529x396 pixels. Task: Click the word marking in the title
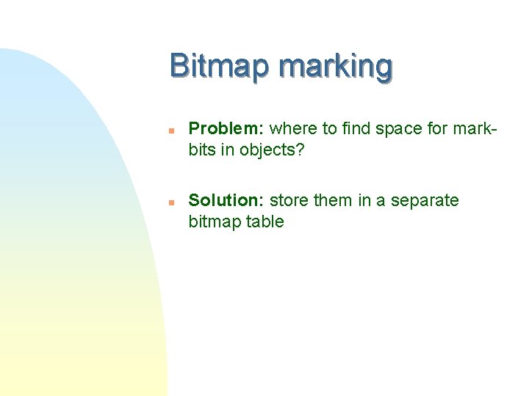point(336,67)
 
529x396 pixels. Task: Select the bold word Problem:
point(226,129)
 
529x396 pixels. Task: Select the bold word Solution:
point(227,201)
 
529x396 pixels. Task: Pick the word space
point(398,130)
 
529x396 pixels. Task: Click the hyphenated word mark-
point(476,129)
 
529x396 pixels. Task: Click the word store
point(289,201)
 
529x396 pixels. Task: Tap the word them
point(334,201)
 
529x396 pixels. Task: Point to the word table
point(265,221)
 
